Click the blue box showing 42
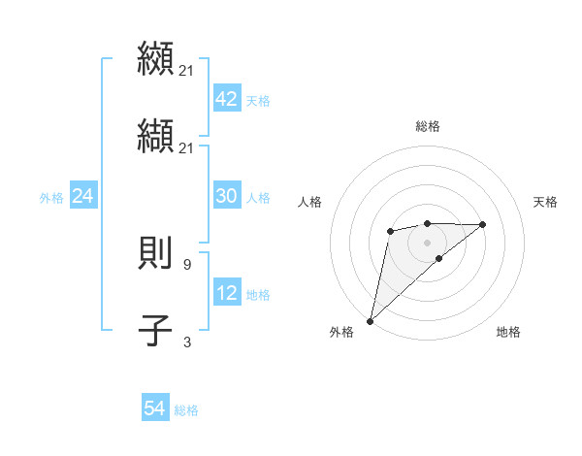(x=226, y=100)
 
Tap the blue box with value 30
(x=226, y=197)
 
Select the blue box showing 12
(x=226, y=294)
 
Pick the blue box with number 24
(x=82, y=197)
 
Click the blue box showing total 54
(x=154, y=409)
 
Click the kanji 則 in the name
(x=156, y=251)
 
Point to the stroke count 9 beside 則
(x=187, y=263)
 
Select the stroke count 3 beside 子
(x=187, y=342)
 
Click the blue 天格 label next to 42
(x=258, y=101)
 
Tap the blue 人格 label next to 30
(x=258, y=198)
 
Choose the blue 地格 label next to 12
(x=258, y=295)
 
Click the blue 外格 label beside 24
(x=50, y=198)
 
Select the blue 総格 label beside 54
(x=186, y=410)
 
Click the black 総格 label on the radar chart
(x=427, y=126)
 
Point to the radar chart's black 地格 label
(x=508, y=332)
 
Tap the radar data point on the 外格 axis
(x=370, y=320)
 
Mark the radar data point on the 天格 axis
(x=483, y=224)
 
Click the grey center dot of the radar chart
(x=427, y=242)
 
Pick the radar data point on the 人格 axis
(x=390, y=230)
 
